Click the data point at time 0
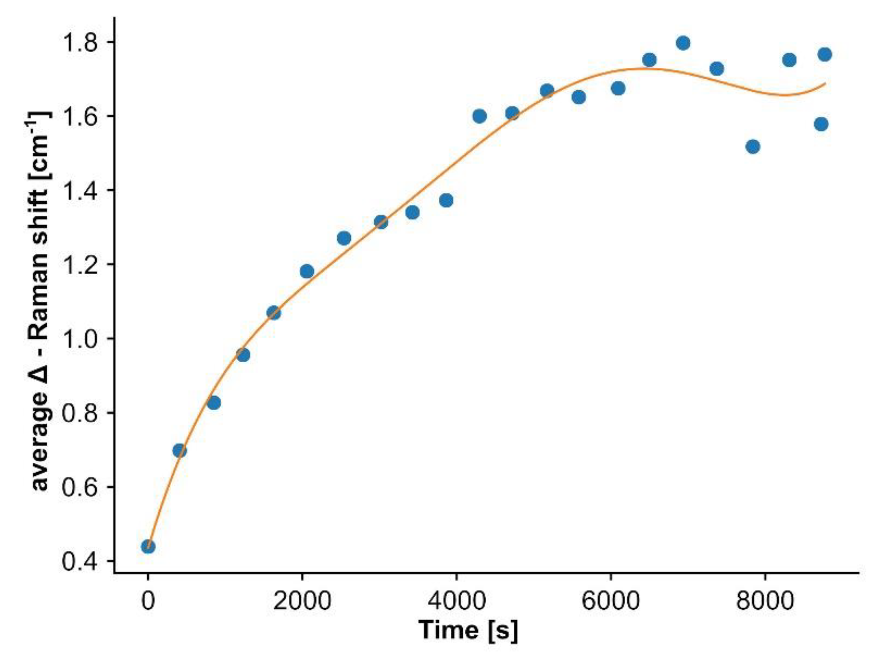(148, 546)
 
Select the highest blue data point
(683, 43)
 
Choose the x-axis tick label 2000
(302, 601)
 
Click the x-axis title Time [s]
(468, 631)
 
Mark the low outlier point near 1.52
(753, 147)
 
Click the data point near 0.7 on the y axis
(180, 451)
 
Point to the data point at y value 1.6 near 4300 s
(479, 116)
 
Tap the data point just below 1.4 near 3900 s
(446, 200)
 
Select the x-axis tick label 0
(148, 601)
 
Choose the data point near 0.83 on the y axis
(214, 403)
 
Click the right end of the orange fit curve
(825, 83)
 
